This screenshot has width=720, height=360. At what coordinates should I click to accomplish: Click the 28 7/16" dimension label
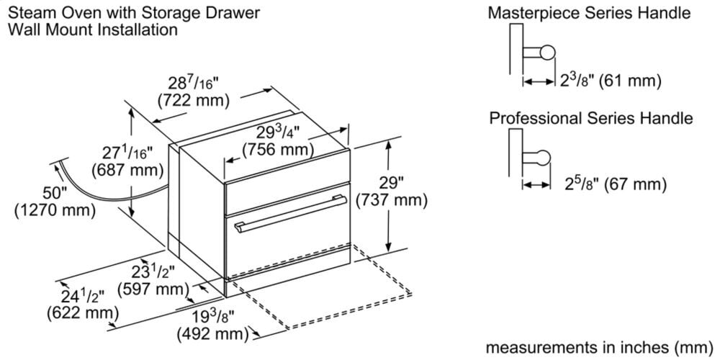[x=192, y=84]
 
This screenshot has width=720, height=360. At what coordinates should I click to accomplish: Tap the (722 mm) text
[x=192, y=100]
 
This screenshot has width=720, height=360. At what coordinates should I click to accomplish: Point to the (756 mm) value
[x=278, y=150]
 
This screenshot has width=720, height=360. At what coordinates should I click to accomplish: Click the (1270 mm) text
[x=55, y=210]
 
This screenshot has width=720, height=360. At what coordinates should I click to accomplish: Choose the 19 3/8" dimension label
[x=211, y=318]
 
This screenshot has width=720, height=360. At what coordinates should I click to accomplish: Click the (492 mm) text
[x=212, y=335]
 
